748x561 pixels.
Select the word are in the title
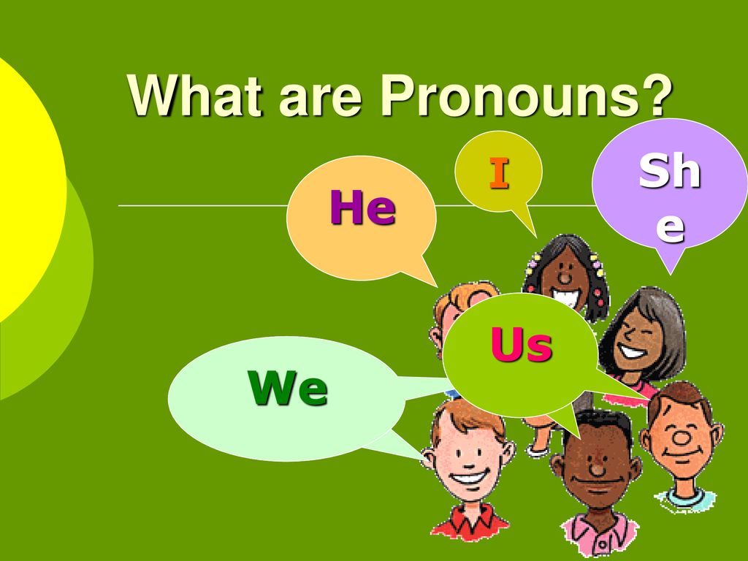tap(320, 101)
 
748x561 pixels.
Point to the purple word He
tap(362, 207)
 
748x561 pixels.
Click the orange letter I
tap(499, 173)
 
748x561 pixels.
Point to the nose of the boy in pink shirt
tap(597, 470)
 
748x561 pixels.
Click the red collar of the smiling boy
tap(470, 519)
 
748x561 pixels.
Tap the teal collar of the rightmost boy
tap(684, 497)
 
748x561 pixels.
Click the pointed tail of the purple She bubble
tap(671, 273)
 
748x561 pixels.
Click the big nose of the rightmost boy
tap(681, 437)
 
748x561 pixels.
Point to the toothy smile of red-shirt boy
tap(470, 476)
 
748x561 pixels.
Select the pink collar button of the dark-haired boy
tap(602, 543)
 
